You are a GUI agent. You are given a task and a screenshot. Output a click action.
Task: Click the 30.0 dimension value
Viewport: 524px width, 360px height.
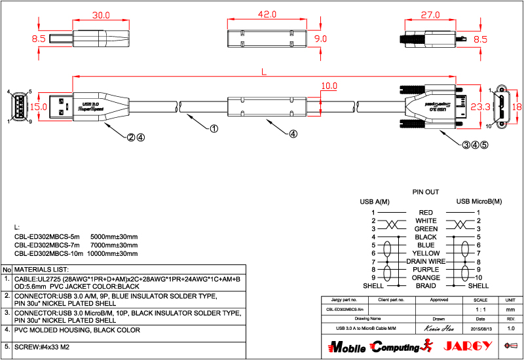coord(100,14)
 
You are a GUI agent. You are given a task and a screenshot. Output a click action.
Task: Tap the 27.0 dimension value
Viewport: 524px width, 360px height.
coord(430,14)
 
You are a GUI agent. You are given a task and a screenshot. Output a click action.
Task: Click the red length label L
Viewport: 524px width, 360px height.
coord(264,72)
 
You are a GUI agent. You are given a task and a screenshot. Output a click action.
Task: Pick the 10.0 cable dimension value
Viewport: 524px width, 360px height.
coord(329,86)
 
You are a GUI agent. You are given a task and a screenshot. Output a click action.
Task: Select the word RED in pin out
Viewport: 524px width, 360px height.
coord(426,213)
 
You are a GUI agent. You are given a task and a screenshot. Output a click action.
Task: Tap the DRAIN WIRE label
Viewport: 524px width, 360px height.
coord(426,261)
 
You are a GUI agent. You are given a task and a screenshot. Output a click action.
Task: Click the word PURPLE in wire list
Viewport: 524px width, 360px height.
coord(426,270)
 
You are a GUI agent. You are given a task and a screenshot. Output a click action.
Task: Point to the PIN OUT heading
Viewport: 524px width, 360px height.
coord(426,192)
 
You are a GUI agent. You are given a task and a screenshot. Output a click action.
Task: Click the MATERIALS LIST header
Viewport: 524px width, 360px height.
coord(42,269)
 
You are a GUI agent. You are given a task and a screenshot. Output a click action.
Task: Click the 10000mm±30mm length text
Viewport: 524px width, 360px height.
coord(113,253)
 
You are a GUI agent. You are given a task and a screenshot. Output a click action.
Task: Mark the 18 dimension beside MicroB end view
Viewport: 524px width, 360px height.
coord(516,106)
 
